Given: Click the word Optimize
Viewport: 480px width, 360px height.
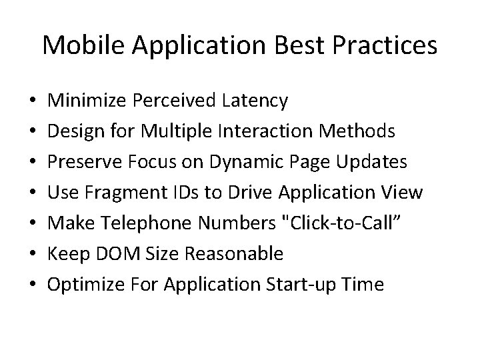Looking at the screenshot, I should point(81,285).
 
